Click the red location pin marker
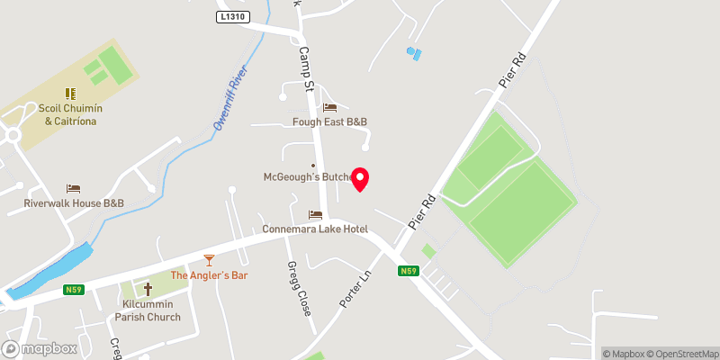(360, 179)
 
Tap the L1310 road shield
(231, 17)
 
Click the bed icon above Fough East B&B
(329, 107)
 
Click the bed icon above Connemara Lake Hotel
(315, 214)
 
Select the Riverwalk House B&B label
(74, 203)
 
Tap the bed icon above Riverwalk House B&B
(74, 188)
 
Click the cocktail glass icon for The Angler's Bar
(209, 260)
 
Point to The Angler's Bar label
(209, 275)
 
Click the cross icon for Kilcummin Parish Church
(148, 290)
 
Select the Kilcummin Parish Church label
(148, 310)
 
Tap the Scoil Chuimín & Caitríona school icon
(68, 93)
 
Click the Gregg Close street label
(299, 289)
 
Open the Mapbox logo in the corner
(40, 348)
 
